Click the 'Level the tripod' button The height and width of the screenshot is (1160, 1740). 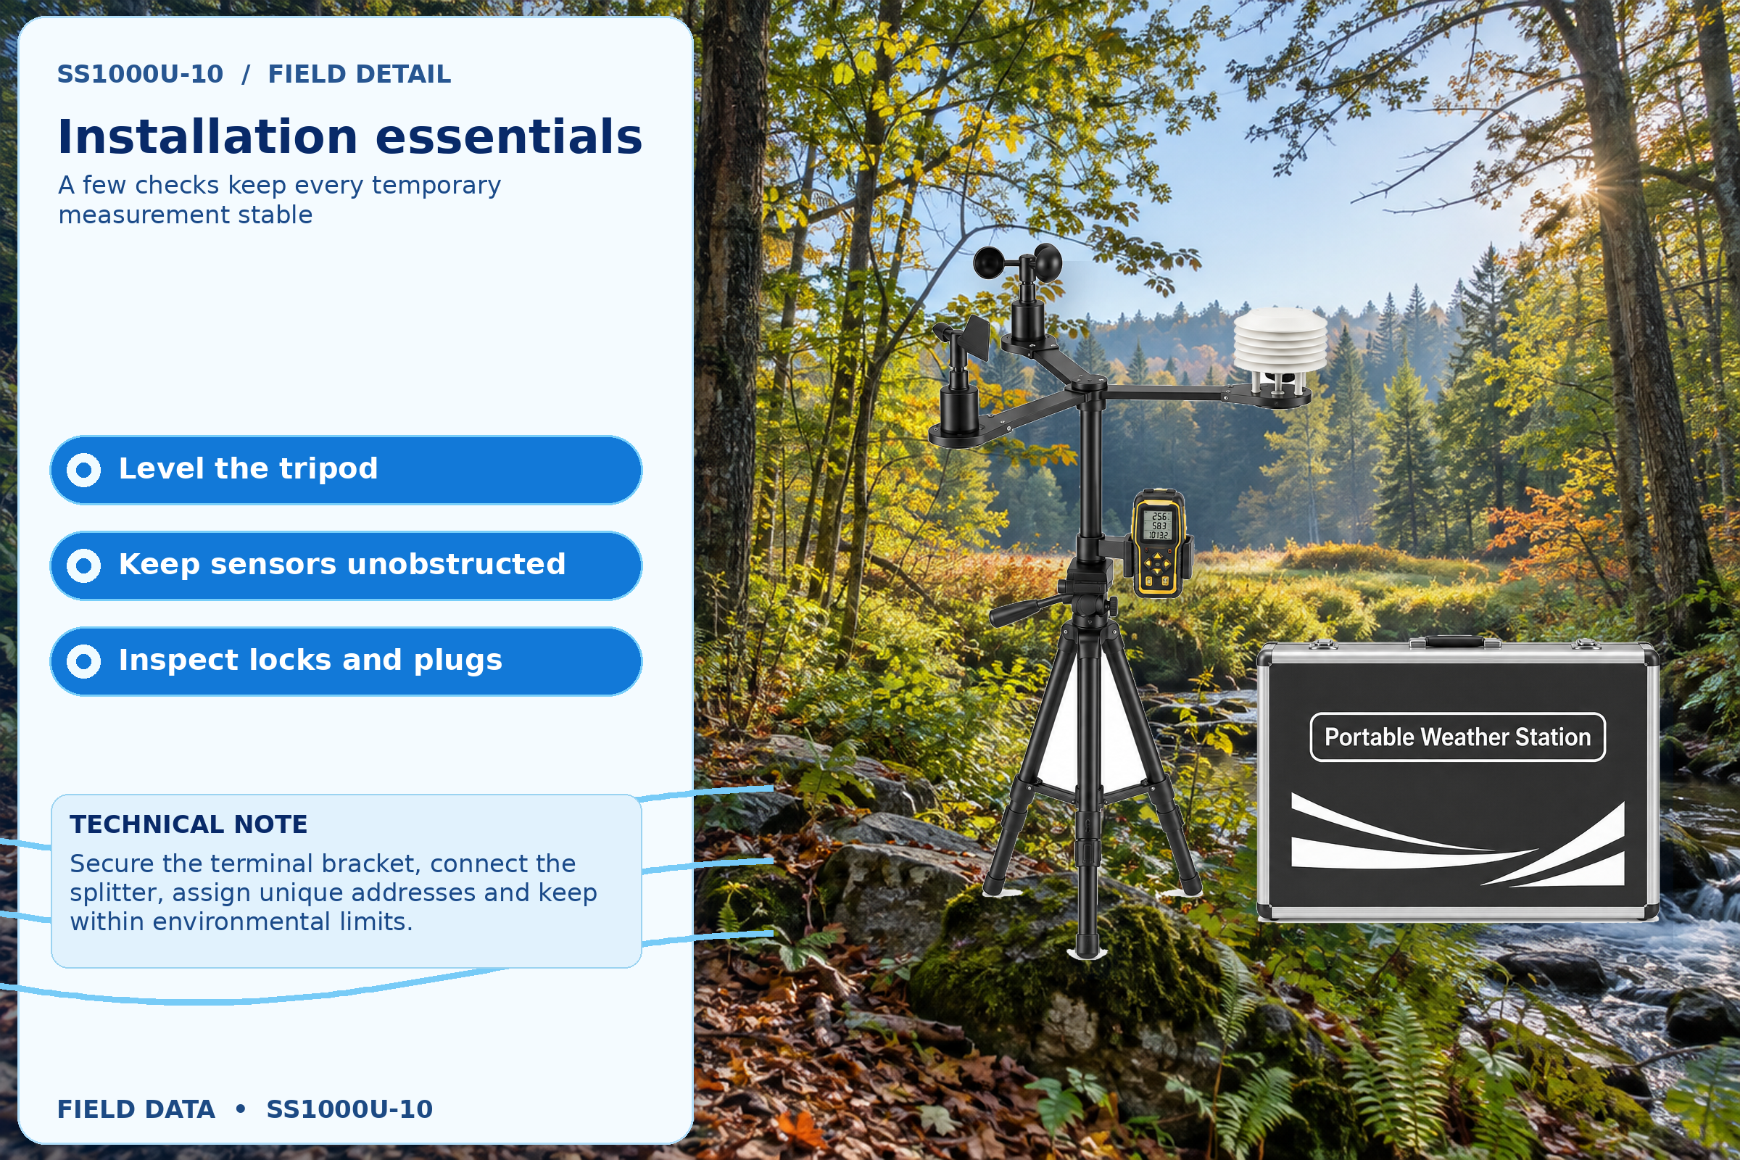pos(346,470)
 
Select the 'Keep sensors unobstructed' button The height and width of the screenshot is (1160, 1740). pos(346,566)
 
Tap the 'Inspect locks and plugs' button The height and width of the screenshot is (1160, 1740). pos(346,661)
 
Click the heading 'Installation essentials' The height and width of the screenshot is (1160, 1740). pos(350,137)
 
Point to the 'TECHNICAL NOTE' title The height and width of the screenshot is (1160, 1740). pos(188,824)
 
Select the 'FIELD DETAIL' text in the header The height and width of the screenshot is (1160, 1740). pos(360,74)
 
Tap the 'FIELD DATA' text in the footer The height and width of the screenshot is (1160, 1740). pos(136,1109)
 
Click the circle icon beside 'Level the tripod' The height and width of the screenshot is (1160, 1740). pos(83,470)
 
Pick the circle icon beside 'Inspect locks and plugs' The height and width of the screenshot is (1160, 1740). pos(83,661)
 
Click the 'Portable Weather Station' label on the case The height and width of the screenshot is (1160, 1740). pos(1457,737)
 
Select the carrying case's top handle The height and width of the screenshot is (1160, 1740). pos(1454,641)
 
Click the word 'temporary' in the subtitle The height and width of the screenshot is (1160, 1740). pos(436,186)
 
